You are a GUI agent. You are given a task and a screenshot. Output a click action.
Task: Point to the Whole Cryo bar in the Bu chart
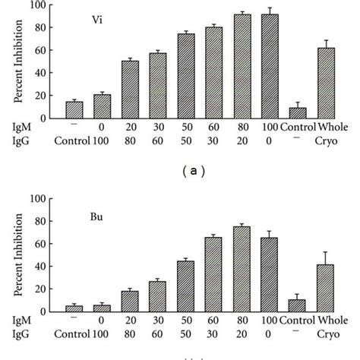(x=326, y=288)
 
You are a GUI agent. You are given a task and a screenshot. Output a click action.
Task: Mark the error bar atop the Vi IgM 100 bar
(x=270, y=11)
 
